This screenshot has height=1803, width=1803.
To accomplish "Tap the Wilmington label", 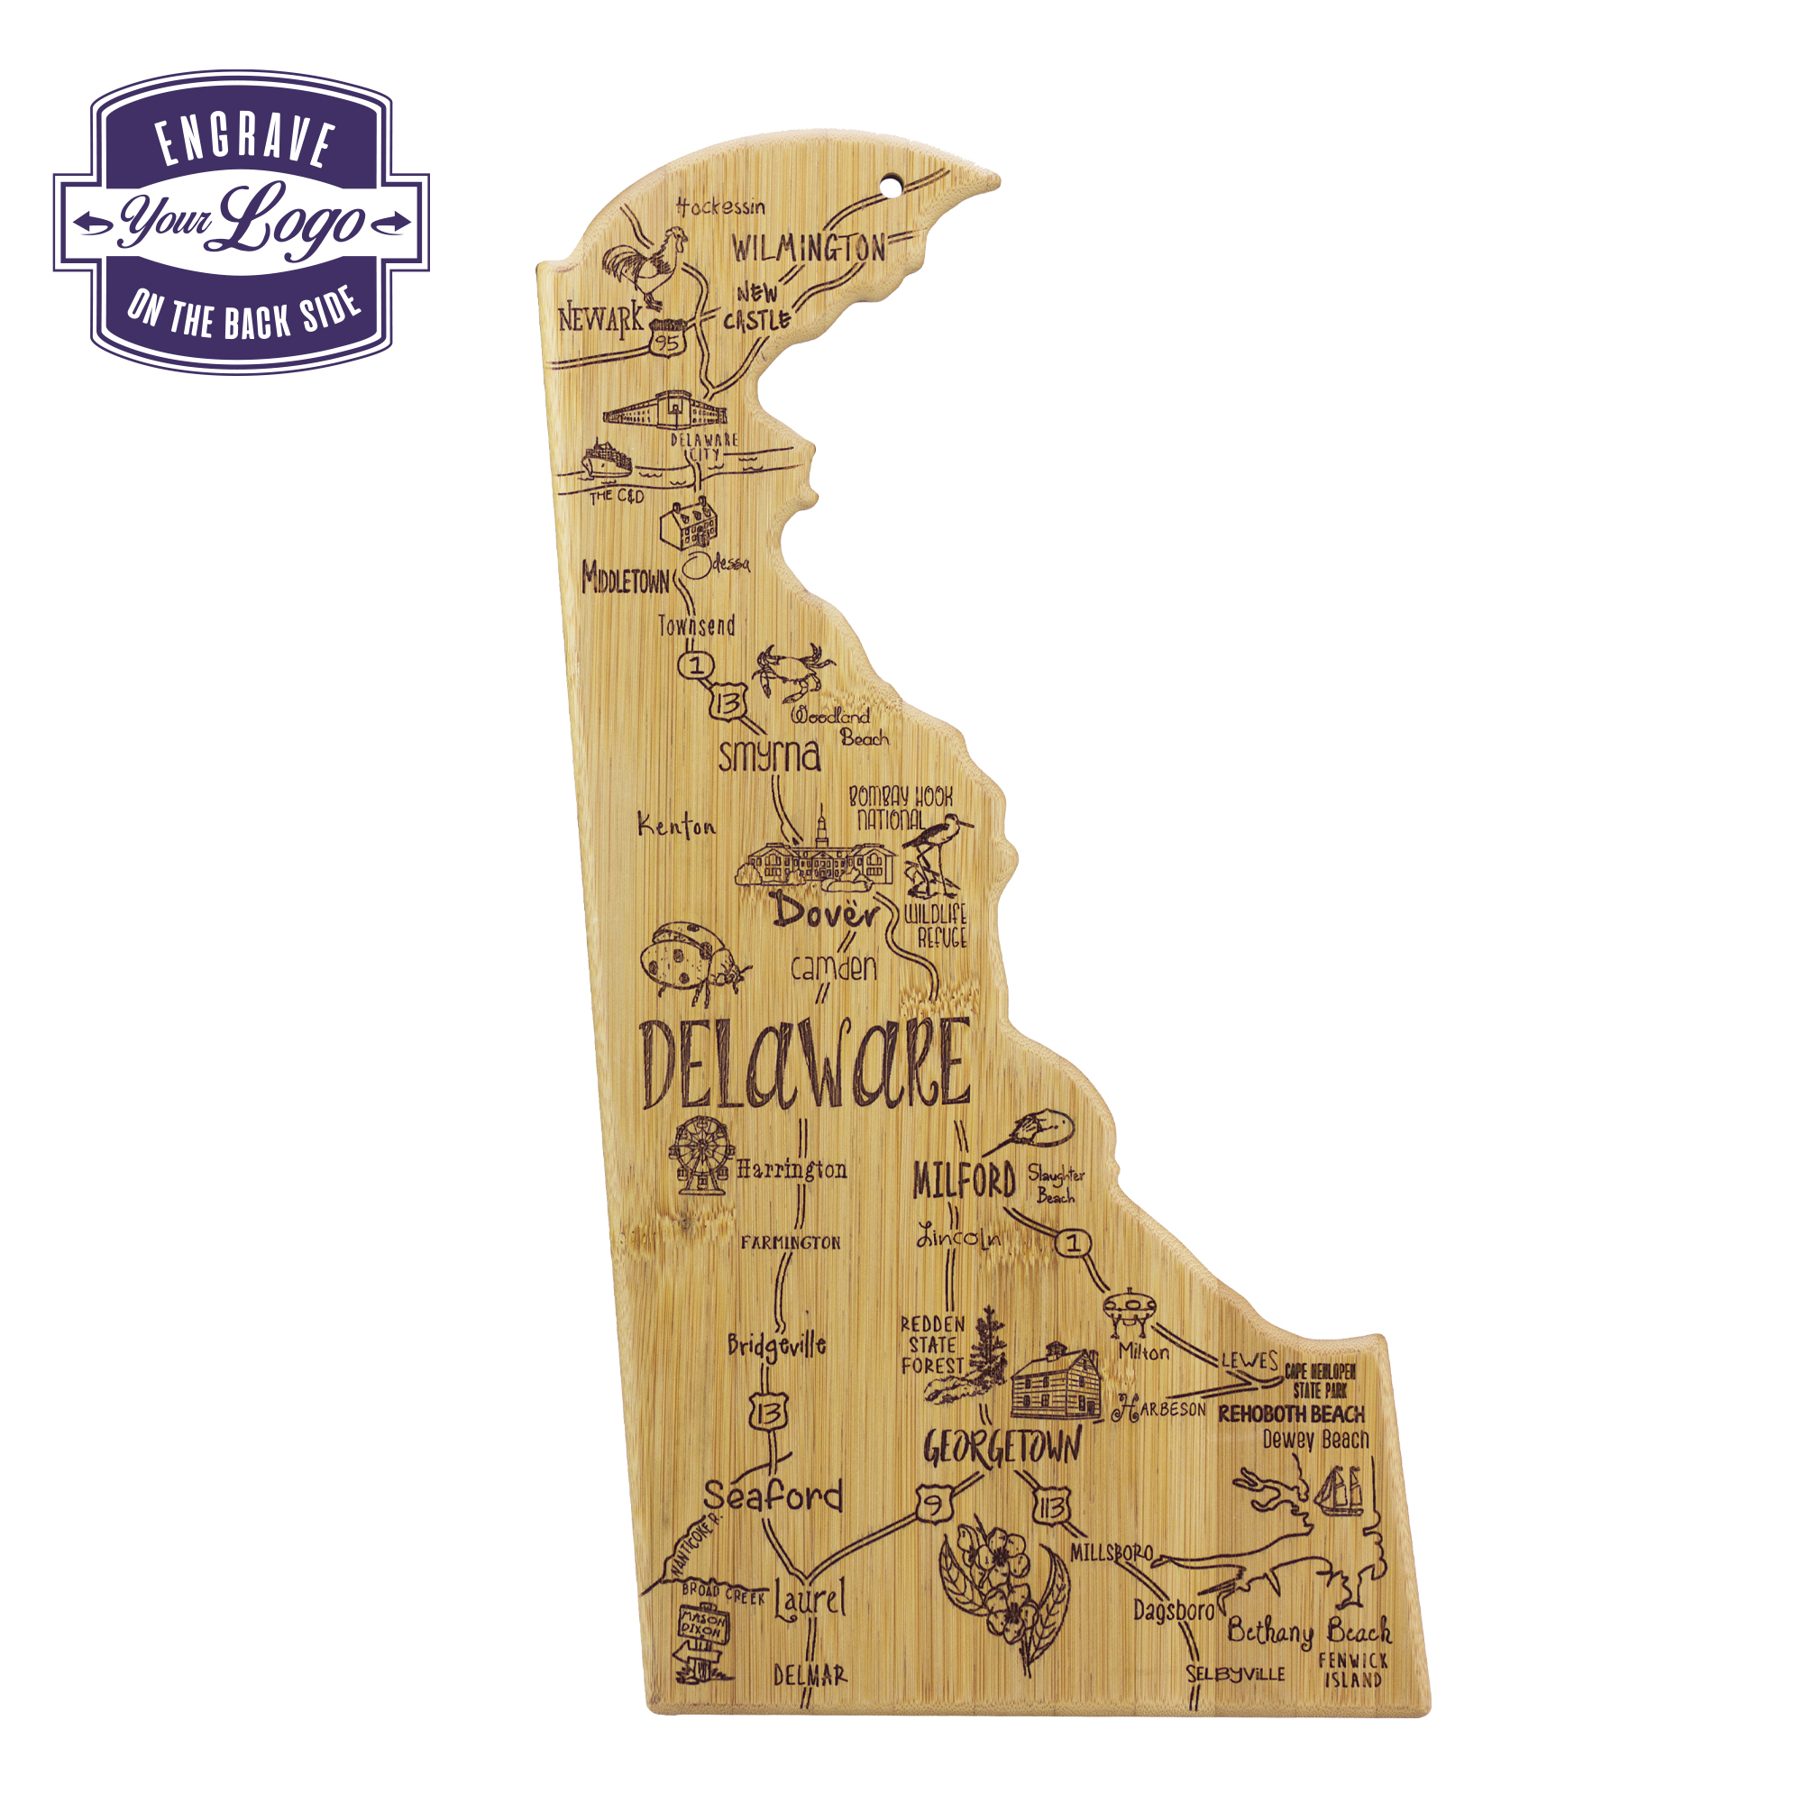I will point(808,248).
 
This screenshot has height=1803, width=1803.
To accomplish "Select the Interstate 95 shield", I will point(667,340).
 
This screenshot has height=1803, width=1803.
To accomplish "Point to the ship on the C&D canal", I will point(606,461).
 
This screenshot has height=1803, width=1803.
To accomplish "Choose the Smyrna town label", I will point(769,756).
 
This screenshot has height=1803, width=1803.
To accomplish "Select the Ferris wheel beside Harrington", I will point(700,1157).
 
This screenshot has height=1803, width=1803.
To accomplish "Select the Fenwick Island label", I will point(1352,1670).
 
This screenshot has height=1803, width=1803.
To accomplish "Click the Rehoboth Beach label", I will point(1292,1414).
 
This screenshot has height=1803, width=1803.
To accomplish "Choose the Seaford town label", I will point(773,1496).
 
